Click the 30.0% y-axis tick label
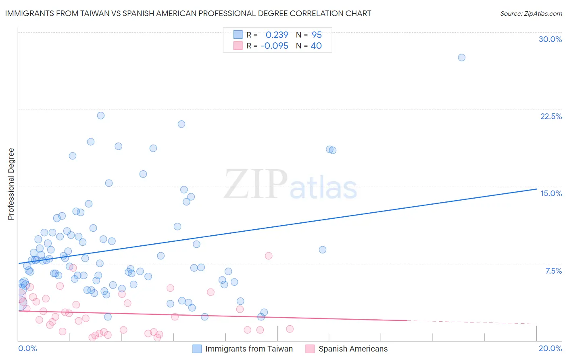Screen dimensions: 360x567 (550, 39)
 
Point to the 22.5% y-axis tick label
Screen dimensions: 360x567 (551, 116)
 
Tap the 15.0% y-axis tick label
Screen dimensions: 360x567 (551, 193)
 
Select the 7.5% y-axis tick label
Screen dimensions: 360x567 (553, 271)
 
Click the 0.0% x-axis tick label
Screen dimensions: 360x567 (27, 348)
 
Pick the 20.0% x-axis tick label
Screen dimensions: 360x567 (550, 348)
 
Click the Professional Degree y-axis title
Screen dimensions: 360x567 (11, 184)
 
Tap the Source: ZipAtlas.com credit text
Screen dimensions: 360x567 (531, 13)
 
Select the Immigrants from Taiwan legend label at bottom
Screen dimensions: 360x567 (249, 349)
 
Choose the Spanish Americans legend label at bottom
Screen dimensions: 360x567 (353, 349)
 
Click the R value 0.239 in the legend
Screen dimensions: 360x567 (277, 35)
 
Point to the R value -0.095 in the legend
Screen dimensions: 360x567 (274, 46)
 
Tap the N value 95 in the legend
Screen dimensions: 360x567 (317, 35)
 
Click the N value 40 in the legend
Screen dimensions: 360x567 (316, 46)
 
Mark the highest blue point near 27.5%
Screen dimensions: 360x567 (461, 57)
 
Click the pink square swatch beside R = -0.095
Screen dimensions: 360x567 (238, 46)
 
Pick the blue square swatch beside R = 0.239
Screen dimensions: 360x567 (238, 35)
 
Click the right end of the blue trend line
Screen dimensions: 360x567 (536, 189)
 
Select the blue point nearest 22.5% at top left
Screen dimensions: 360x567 (101, 115)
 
